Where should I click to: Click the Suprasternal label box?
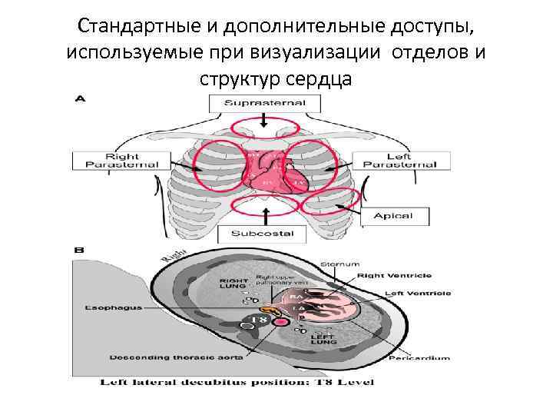[263, 102]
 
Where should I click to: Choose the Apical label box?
[392, 217]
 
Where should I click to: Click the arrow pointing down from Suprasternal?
[263, 121]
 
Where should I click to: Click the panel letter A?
[80, 98]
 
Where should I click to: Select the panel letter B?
[79, 251]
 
